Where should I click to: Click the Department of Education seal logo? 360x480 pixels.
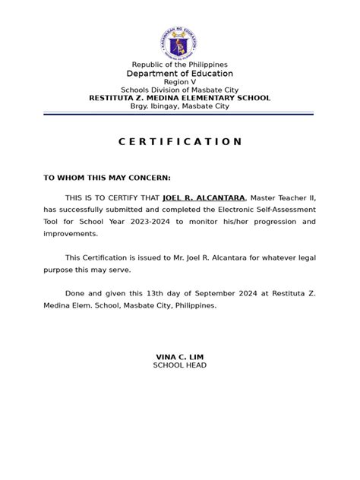pyautogui.click(x=179, y=41)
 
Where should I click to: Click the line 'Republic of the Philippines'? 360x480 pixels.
pyautogui.click(x=179, y=65)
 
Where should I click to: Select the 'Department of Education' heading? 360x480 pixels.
pyautogui.click(x=179, y=74)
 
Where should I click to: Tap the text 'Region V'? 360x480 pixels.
pyautogui.click(x=179, y=83)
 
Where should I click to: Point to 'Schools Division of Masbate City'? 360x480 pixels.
pyautogui.click(x=179, y=90)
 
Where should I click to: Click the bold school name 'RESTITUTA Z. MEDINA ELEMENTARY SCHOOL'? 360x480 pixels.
pyautogui.click(x=179, y=98)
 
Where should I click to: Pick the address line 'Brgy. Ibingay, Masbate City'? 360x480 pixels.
pyautogui.click(x=179, y=106)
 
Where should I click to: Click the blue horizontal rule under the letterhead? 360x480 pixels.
pyautogui.click(x=179, y=113)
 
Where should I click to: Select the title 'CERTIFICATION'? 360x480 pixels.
pyautogui.click(x=180, y=142)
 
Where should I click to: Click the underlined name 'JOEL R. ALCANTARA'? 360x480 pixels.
pyautogui.click(x=204, y=197)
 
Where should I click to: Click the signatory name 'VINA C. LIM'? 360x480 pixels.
pyautogui.click(x=179, y=357)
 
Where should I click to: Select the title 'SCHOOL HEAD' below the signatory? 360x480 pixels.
pyautogui.click(x=179, y=365)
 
